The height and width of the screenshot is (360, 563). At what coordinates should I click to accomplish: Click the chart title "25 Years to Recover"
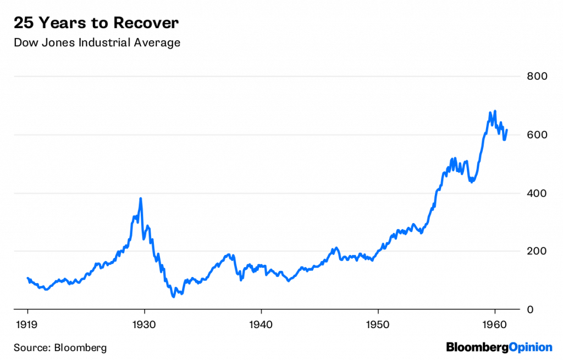point(96,23)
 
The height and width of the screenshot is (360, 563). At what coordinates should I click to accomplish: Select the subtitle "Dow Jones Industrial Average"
point(97,42)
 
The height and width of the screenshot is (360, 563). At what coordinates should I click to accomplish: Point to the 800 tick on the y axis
point(537,76)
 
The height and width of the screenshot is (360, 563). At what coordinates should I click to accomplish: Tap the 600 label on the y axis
point(537,135)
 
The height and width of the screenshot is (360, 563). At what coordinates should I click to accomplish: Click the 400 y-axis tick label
point(537,193)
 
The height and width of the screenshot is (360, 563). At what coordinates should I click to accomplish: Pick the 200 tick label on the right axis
point(537,252)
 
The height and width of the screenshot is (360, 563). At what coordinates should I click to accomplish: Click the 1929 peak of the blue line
point(141,198)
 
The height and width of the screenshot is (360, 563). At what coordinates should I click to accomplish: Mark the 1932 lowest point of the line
point(174,297)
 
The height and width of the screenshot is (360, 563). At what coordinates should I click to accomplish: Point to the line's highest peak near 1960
point(495,111)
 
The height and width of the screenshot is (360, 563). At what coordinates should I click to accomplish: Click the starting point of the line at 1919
point(28,278)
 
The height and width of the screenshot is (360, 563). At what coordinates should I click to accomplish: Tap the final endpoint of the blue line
point(507,130)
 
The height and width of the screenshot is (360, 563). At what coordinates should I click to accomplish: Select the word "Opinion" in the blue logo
point(526,347)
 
